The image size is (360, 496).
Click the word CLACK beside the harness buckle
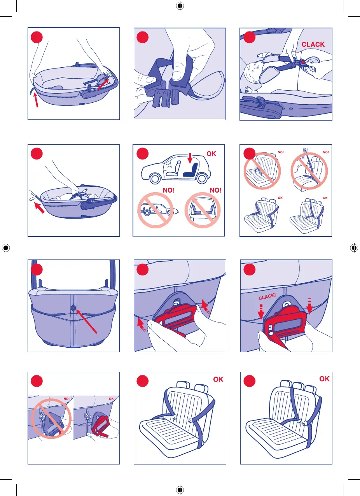coord(313,44)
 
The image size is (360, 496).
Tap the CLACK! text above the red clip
coord(267,296)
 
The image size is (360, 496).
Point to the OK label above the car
coord(211,154)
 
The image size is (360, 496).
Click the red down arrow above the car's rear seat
coord(190,158)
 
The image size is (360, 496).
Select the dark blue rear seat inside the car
coord(190,170)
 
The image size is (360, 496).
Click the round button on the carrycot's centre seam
coord(73,308)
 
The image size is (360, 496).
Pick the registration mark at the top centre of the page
coord(180,6)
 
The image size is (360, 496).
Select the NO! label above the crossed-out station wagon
coord(169,190)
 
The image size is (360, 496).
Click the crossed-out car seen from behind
coord(203,210)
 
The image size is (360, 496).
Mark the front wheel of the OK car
coord(155,179)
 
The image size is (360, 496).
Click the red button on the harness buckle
coord(303,62)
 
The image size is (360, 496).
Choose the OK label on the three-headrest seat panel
coord(324,379)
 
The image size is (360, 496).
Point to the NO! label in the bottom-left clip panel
coord(66,399)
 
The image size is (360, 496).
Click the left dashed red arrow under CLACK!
coord(261,312)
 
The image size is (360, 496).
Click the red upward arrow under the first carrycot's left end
coord(36,100)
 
